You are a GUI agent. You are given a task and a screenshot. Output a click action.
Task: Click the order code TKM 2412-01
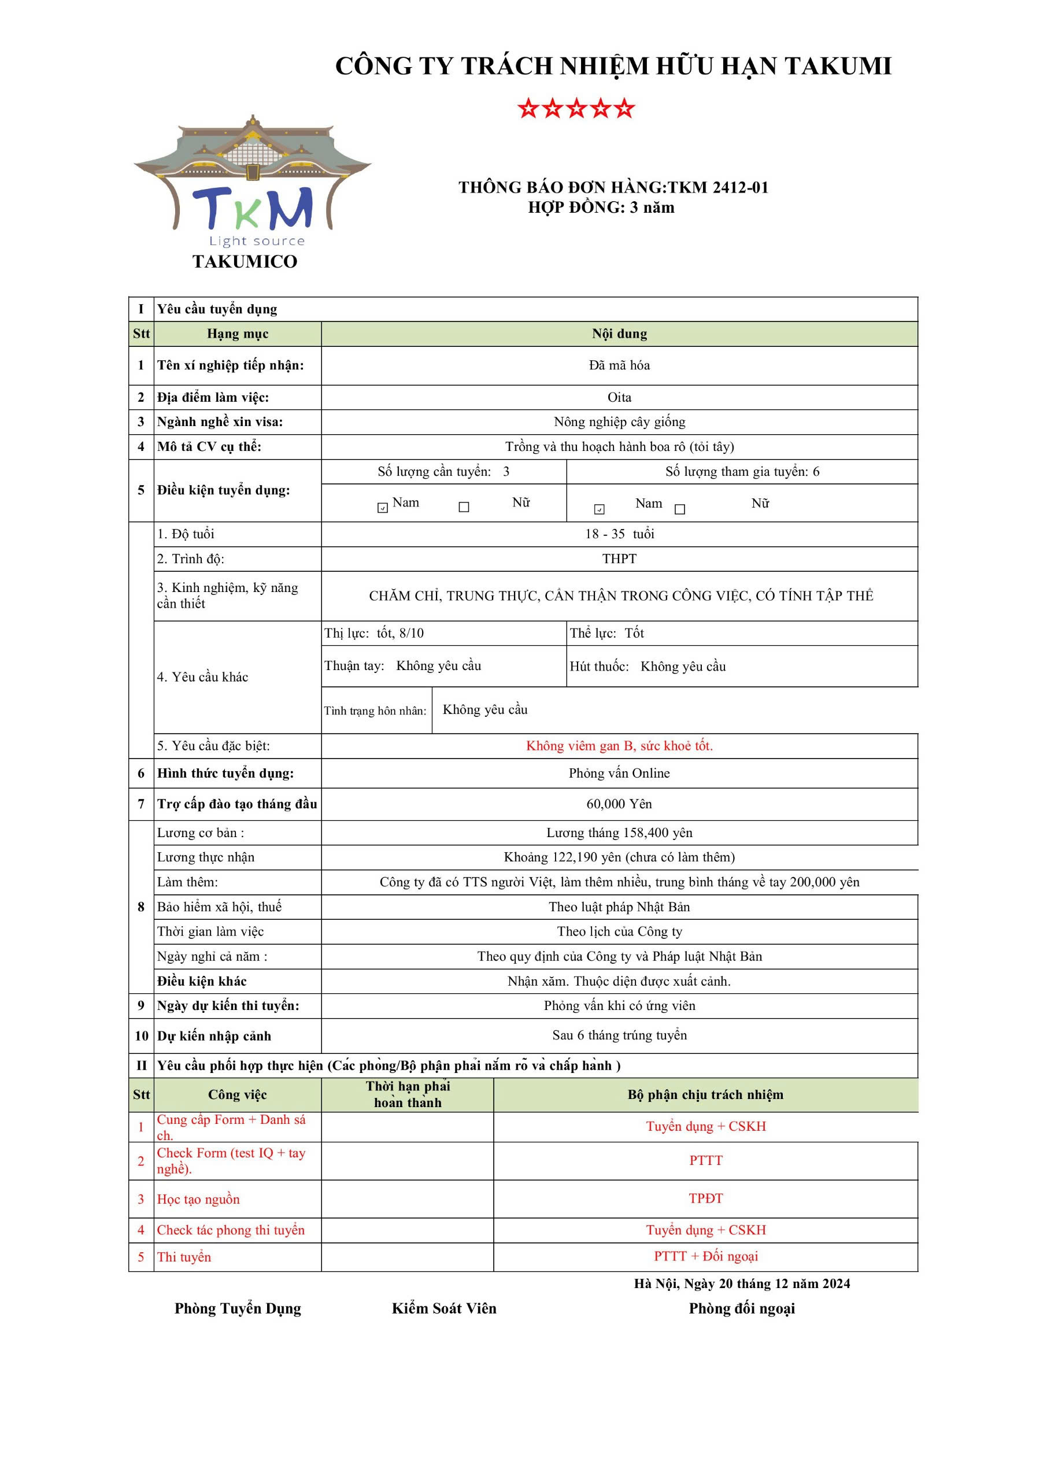pos(717,187)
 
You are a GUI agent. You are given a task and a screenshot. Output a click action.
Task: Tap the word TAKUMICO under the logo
pos(245,262)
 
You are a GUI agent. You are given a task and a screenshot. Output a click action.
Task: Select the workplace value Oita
pos(619,397)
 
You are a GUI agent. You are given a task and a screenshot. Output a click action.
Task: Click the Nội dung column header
pos(619,334)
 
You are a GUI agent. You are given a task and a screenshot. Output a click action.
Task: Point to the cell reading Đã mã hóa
pos(619,365)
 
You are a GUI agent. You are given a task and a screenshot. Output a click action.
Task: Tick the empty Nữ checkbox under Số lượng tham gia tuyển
pos(679,509)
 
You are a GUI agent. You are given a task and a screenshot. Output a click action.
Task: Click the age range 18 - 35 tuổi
pos(619,534)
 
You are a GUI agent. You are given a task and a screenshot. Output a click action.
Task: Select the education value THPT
pos(619,559)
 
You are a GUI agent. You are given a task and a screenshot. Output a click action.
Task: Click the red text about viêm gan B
pos(619,746)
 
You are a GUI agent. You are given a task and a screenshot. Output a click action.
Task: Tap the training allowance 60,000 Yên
pos(619,804)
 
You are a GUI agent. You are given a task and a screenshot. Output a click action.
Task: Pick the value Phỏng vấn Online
pos(619,773)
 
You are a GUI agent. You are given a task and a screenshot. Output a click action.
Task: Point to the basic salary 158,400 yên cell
pos(619,833)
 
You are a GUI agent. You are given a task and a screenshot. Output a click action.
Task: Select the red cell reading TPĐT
pos(705,1198)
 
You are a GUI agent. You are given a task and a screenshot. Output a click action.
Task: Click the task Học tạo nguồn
pos(198,1200)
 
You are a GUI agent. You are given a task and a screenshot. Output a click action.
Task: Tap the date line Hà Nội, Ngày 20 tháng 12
pos(741,1283)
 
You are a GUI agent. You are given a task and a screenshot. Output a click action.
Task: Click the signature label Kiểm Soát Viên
pos(444,1308)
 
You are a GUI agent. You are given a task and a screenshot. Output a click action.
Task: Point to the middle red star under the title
pos(576,108)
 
